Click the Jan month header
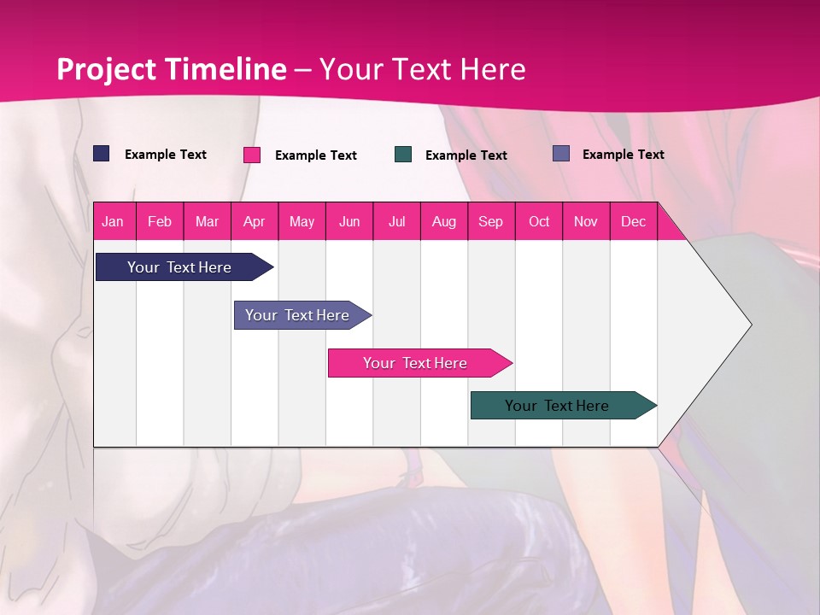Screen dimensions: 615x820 click(x=113, y=222)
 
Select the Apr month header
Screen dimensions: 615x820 click(x=255, y=222)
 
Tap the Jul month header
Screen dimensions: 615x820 click(x=397, y=222)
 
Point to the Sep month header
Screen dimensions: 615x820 click(x=491, y=222)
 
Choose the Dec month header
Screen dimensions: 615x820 click(x=633, y=222)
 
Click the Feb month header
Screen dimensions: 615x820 click(x=160, y=222)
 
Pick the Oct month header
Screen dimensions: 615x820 click(x=539, y=222)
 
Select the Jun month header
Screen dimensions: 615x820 click(x=349, y=222)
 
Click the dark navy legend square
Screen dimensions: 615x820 click(x=102, y=154)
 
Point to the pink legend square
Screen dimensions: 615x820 click(x=252, y=155)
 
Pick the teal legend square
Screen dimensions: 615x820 click(x=403, y=155)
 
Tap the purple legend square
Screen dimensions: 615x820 click(x=561, y=154)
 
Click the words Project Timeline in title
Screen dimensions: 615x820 click(x=171, y=69)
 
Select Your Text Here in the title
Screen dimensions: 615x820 click(x=422, y=69)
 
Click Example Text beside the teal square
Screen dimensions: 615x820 click(x=466, y=155)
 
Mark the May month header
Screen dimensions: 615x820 click(x=302, y=222)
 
